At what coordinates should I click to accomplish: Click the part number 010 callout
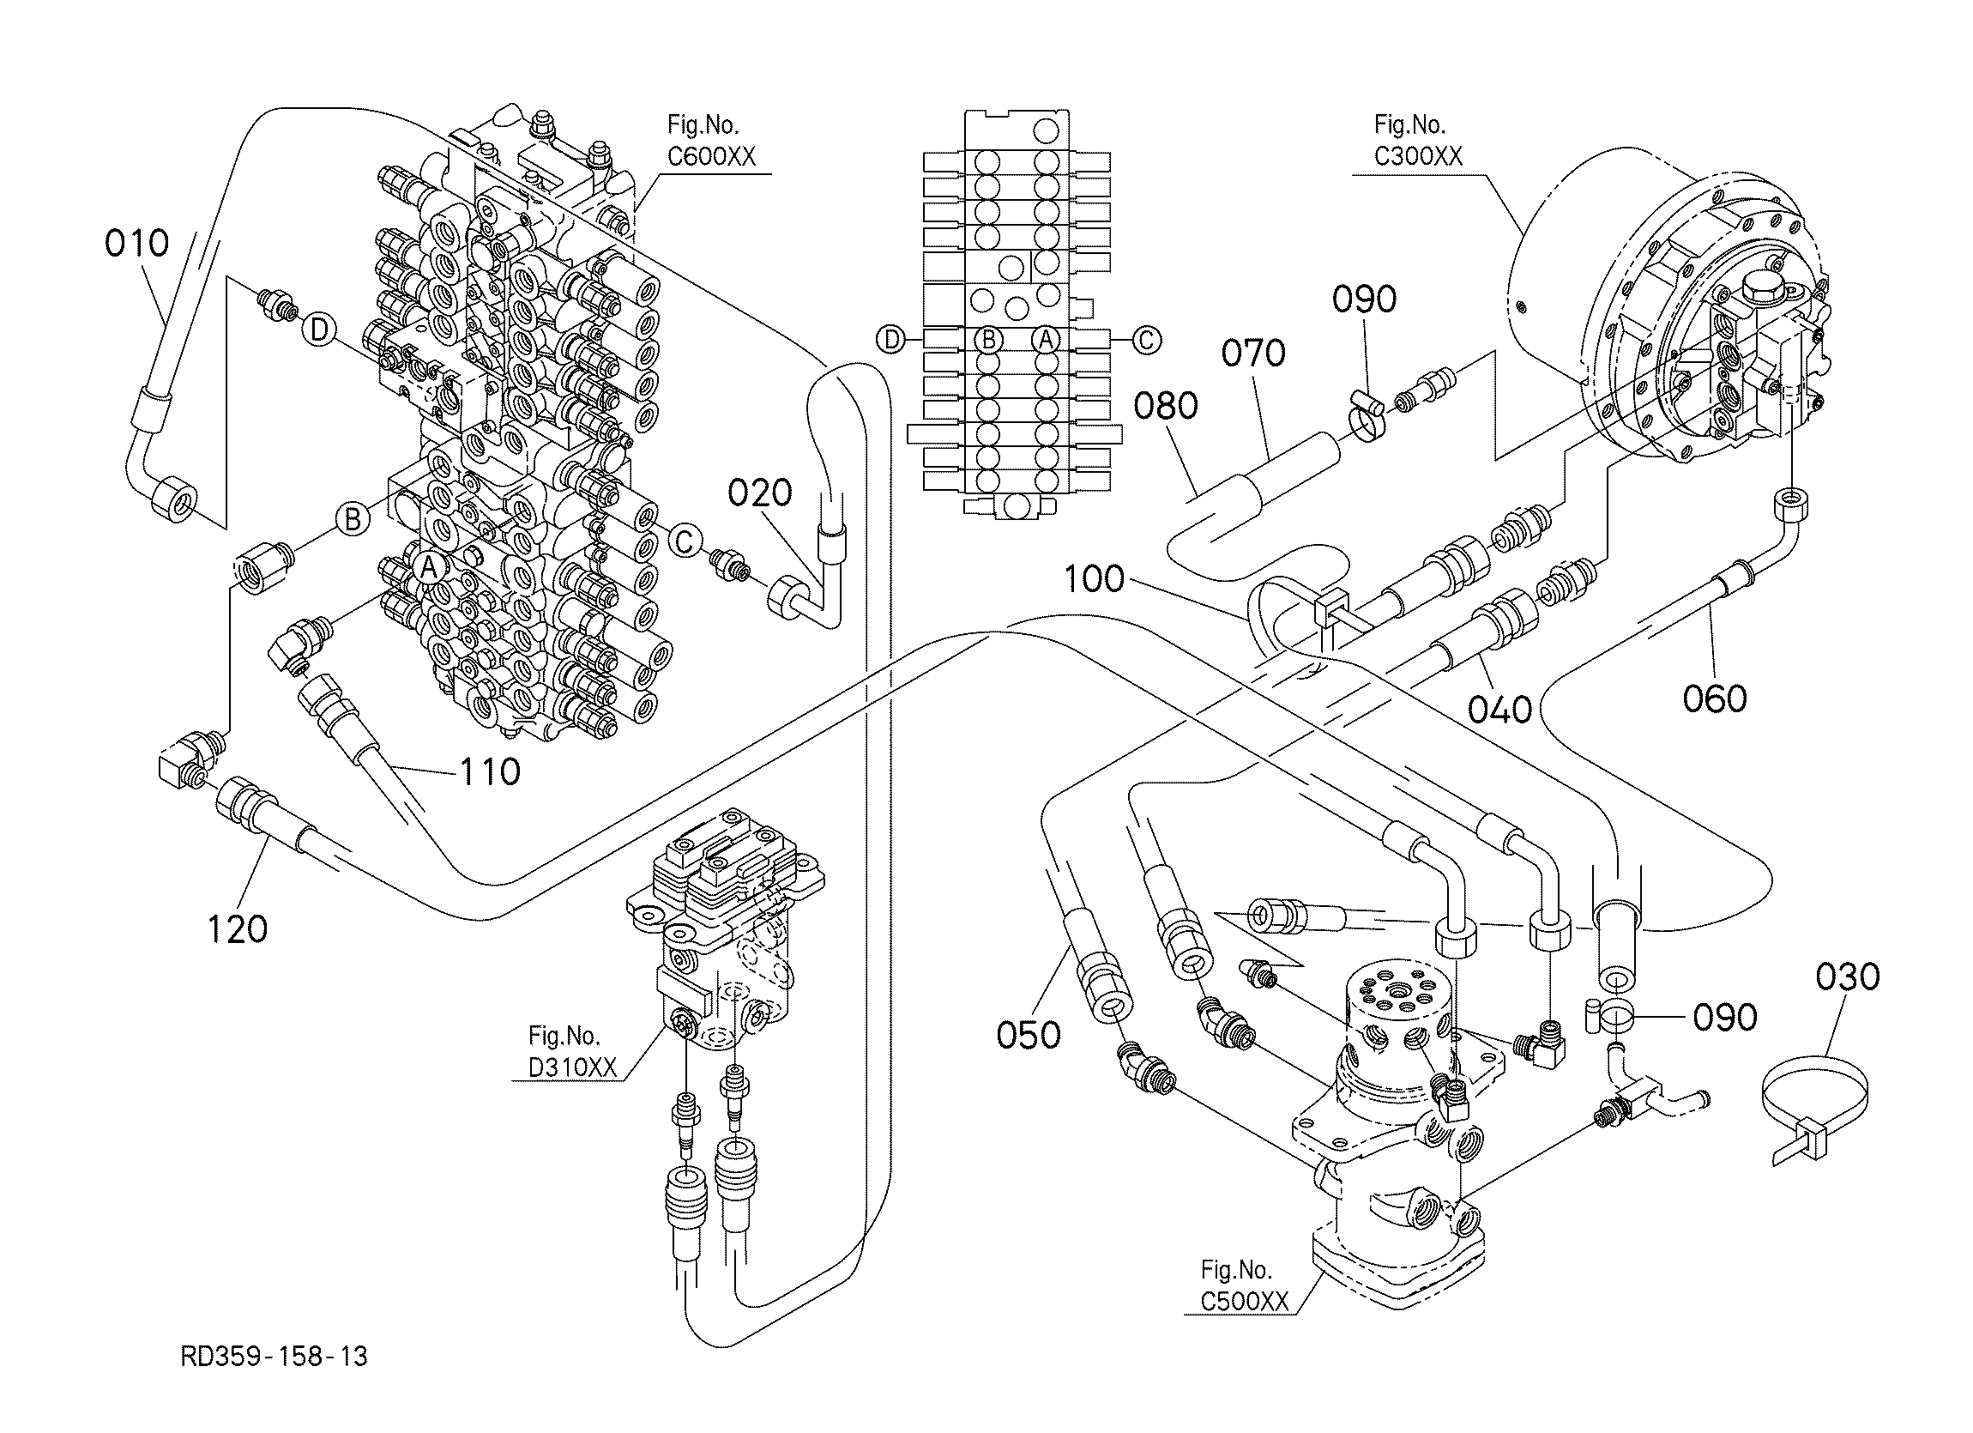[x=136, y=244]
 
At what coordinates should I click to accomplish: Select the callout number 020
[x=759, y=493]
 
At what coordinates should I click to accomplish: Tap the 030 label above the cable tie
[x=1847, y=977]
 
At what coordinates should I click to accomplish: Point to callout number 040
[x=1499, y=709]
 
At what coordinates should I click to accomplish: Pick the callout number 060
[x=1715, y=698]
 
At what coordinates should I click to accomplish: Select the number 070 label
[x=1252, y=354]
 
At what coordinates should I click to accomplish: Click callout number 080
[x=1166, y=406]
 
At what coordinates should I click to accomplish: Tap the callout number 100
[x=1094, y=579]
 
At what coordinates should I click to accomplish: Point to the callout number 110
[x=490, y=771]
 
